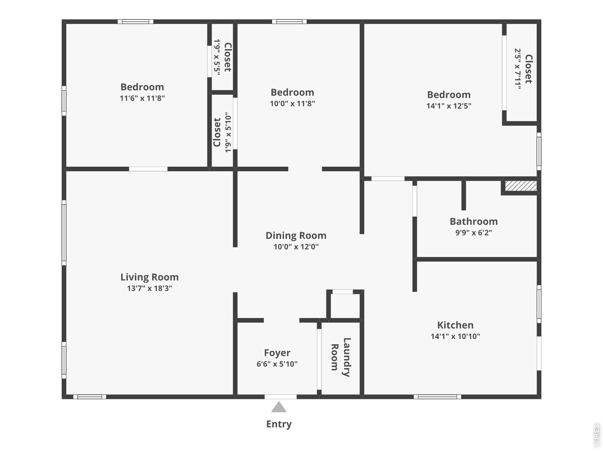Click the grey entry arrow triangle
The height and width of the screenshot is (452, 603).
click(x=279, y=407)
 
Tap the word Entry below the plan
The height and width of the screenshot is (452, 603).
click(x=279, y=424)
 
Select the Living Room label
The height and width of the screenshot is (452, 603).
click(x=149, y=277)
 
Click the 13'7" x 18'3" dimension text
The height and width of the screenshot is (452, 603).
click(x=149, y=289)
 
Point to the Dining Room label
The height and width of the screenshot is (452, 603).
click(x=296, y=235)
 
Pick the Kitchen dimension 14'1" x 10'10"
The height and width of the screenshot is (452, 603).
click(x=455, y=336)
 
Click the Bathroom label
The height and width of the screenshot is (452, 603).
click(x=473, y=221)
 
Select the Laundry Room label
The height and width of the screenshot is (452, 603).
click(x=341, y=357)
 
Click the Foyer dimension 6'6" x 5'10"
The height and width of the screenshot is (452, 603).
click(x=277, y=364)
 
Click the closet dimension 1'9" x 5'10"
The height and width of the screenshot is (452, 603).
click(x=228, y=132)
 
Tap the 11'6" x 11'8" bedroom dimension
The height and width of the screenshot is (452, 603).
click(x=142, y=98)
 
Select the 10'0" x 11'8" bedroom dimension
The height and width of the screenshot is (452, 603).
click(x=292, y=104)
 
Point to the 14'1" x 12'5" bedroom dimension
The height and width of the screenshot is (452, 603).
click(x=448, y=106)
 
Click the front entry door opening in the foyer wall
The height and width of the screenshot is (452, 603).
click(x=280, y=397)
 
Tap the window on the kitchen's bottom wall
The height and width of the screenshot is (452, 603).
click(x=438, y=397)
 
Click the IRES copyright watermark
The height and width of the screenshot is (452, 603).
click(x=596, y=435)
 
